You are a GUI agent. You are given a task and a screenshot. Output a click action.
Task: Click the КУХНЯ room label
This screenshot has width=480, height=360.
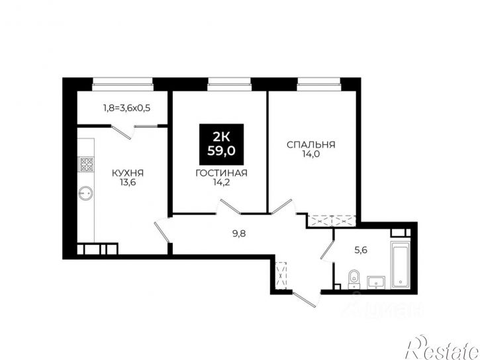128,173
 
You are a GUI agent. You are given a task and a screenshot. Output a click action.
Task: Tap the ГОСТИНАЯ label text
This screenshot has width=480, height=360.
221,173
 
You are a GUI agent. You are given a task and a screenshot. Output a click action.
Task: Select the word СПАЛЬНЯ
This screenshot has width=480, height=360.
311,144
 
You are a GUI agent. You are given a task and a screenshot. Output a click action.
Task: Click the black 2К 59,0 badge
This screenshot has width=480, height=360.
221,144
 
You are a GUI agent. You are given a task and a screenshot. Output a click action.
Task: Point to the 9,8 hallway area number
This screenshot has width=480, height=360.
239,234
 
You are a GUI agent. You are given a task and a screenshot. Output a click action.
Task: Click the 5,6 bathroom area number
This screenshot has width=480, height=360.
361,251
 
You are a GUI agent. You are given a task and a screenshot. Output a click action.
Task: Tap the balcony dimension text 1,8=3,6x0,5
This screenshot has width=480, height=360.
126,108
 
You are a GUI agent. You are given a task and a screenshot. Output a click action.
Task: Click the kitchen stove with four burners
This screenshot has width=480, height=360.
86,164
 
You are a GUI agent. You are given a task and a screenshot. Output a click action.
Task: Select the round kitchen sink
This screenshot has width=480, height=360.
85,193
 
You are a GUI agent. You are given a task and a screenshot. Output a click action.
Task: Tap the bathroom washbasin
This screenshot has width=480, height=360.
376,282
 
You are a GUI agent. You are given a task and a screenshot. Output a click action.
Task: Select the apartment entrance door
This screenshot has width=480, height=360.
305,299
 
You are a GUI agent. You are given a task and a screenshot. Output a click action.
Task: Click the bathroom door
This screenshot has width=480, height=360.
327,251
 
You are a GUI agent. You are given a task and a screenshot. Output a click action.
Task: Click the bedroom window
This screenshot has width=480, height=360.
318,84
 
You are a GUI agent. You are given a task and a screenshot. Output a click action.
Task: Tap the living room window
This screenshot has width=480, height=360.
229,84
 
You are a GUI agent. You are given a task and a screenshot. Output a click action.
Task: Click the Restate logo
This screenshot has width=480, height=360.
442,348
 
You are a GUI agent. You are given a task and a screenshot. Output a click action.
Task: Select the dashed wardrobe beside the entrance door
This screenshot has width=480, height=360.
281,275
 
